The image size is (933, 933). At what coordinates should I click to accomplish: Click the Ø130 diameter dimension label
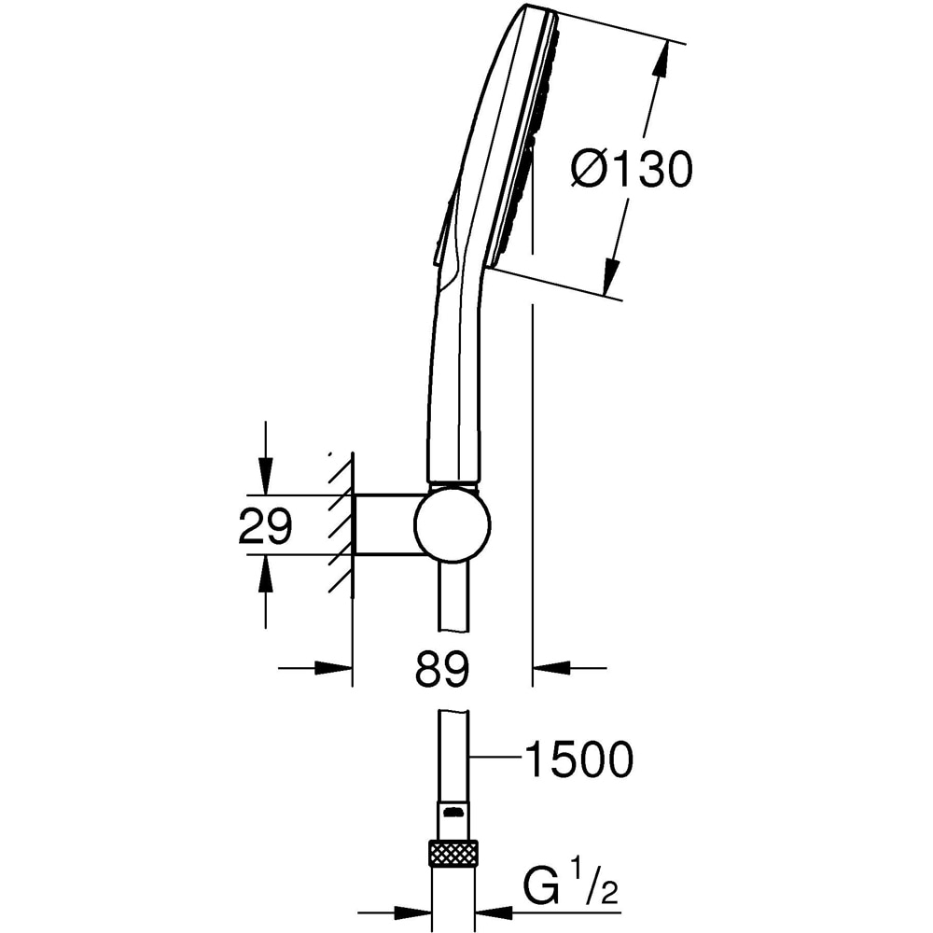click(x=632, y=172)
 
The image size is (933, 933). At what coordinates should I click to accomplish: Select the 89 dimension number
click(x=441, y=669)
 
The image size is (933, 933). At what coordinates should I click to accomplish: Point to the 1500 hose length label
click(x=578, y=760)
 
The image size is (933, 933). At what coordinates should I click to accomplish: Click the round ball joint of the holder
click(x=453, y=524)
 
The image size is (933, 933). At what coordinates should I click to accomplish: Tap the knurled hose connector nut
click(x=453, y=853)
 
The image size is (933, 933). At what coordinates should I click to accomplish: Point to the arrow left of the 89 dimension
click(x=331, y=667)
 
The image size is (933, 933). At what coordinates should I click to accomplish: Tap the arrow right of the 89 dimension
click(x=552, y=667)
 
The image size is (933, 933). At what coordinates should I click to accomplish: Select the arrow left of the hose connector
click(x=411, y=912)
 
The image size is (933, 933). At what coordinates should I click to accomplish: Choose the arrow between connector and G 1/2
click(x=494, y=912)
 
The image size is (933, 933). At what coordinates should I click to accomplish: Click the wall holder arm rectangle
click(x=384, y=524)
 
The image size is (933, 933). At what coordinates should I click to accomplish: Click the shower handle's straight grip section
click(x=454, y=392)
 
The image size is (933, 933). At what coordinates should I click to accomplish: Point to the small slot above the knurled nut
click(x=453, y=813)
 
